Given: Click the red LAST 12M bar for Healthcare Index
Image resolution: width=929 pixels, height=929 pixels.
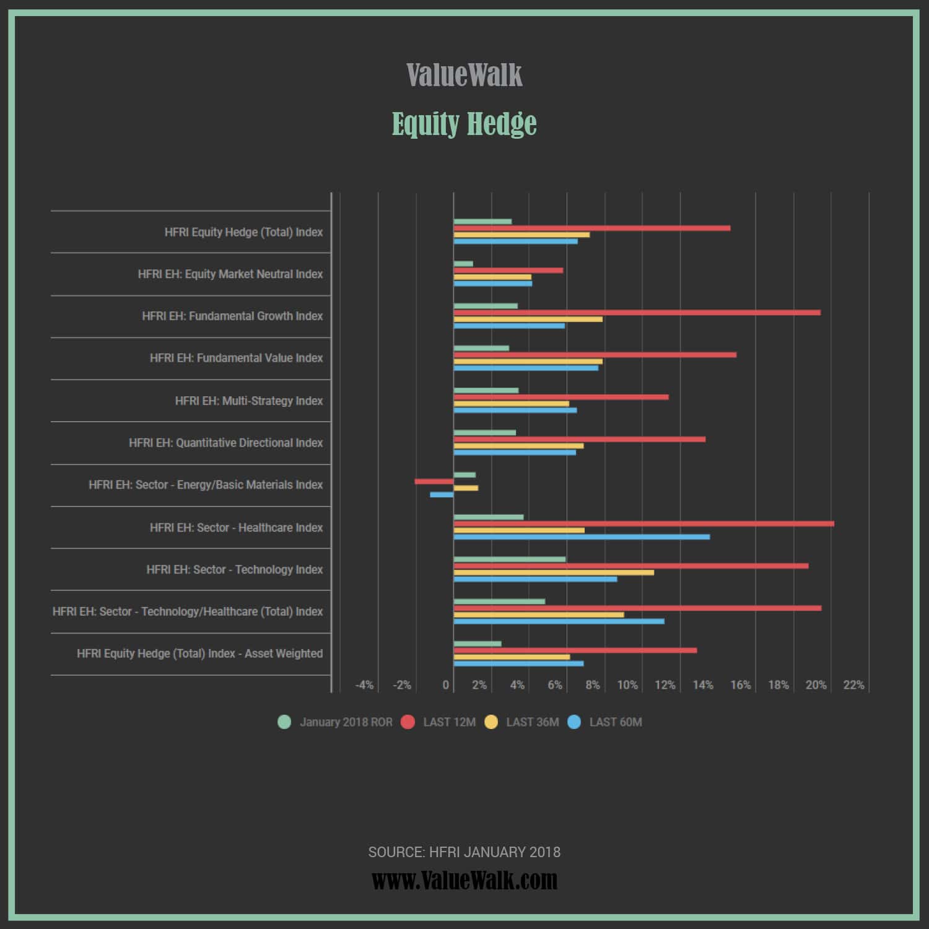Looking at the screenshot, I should click(643, 524).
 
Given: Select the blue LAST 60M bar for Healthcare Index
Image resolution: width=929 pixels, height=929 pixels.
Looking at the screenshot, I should click(582, 537).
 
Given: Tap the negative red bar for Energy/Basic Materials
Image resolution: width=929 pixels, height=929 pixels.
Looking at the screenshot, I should click(434, 481).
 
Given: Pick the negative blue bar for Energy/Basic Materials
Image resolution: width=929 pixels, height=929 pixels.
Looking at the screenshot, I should click(442, 494).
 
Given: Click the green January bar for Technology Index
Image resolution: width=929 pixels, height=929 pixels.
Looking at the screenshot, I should click(510, 559).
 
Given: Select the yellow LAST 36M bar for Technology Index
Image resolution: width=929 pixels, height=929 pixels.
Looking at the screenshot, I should click(554, 572).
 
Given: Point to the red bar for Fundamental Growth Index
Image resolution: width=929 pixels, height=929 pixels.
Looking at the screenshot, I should click(637, 313).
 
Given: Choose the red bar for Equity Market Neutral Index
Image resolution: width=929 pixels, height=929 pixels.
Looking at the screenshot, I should click(508, 270).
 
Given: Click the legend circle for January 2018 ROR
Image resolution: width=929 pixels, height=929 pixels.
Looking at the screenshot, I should click(284, 722).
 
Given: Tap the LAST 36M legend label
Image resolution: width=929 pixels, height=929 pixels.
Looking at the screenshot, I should click(532, 722).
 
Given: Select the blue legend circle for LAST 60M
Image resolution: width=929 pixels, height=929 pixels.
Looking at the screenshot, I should click(574, 722).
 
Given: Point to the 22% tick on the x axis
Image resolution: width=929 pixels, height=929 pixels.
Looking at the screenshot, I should click(853, 685).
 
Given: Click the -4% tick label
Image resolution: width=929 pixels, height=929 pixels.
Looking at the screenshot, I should click(364, 685).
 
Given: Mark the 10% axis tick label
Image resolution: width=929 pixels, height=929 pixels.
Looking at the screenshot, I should click(627, 685).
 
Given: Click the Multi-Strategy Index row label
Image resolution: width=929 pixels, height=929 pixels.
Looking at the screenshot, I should click(248, 401).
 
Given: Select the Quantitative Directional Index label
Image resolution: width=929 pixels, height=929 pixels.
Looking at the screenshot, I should click(225, 443).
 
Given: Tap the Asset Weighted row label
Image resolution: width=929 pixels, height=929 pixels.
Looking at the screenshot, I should click(199, 653).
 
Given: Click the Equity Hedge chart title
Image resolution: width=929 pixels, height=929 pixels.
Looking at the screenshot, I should click(464, 123).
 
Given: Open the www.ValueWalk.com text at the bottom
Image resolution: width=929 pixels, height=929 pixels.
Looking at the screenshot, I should click(464, 880).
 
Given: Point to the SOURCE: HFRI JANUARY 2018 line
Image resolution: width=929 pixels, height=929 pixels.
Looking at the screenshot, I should click(464, 852).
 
